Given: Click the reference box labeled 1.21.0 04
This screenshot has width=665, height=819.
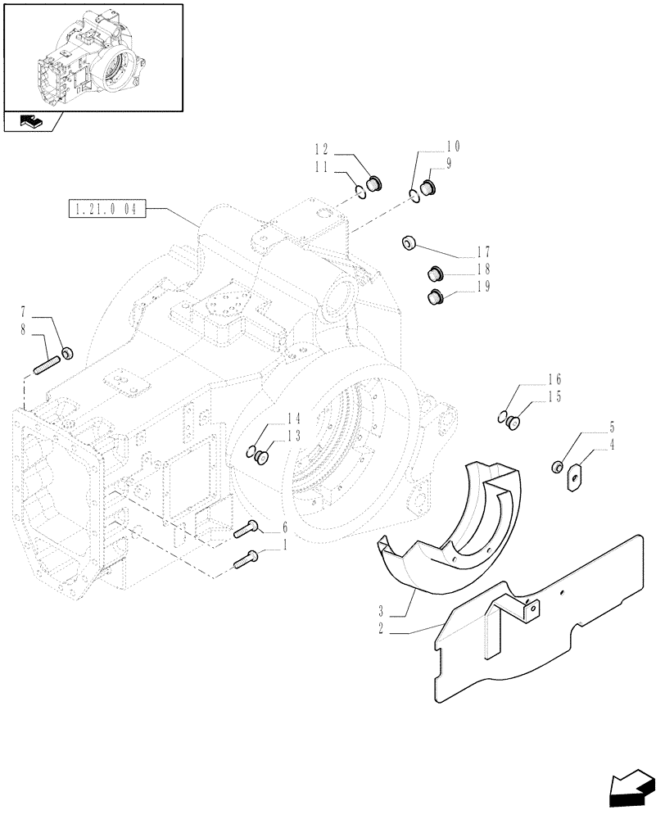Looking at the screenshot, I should tap(106, 210).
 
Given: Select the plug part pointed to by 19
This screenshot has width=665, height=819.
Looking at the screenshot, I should tap(435, 298).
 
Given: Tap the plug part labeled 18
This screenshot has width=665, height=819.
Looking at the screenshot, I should tap(435, 274).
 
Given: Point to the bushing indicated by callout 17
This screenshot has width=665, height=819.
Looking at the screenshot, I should tap(409, 243).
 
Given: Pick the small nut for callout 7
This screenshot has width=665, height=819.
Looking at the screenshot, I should tap(69, 353).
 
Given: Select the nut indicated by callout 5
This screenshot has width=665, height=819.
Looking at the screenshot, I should tap(557, 467).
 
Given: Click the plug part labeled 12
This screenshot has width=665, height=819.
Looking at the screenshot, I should tap(373, 183).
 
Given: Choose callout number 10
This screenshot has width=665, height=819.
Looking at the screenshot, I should tap(453, 147).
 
